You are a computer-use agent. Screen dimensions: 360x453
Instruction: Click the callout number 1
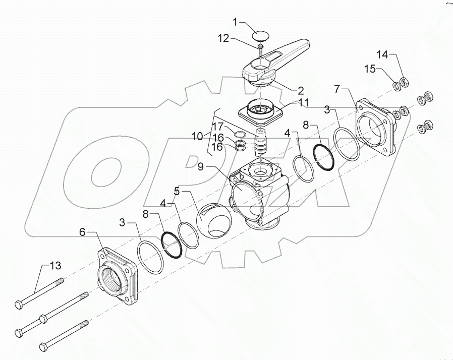[x=235, y=22]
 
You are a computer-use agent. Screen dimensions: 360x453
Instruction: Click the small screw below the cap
[x=260, y=50]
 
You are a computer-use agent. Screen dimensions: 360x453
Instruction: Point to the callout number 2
[x=300, y=91]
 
